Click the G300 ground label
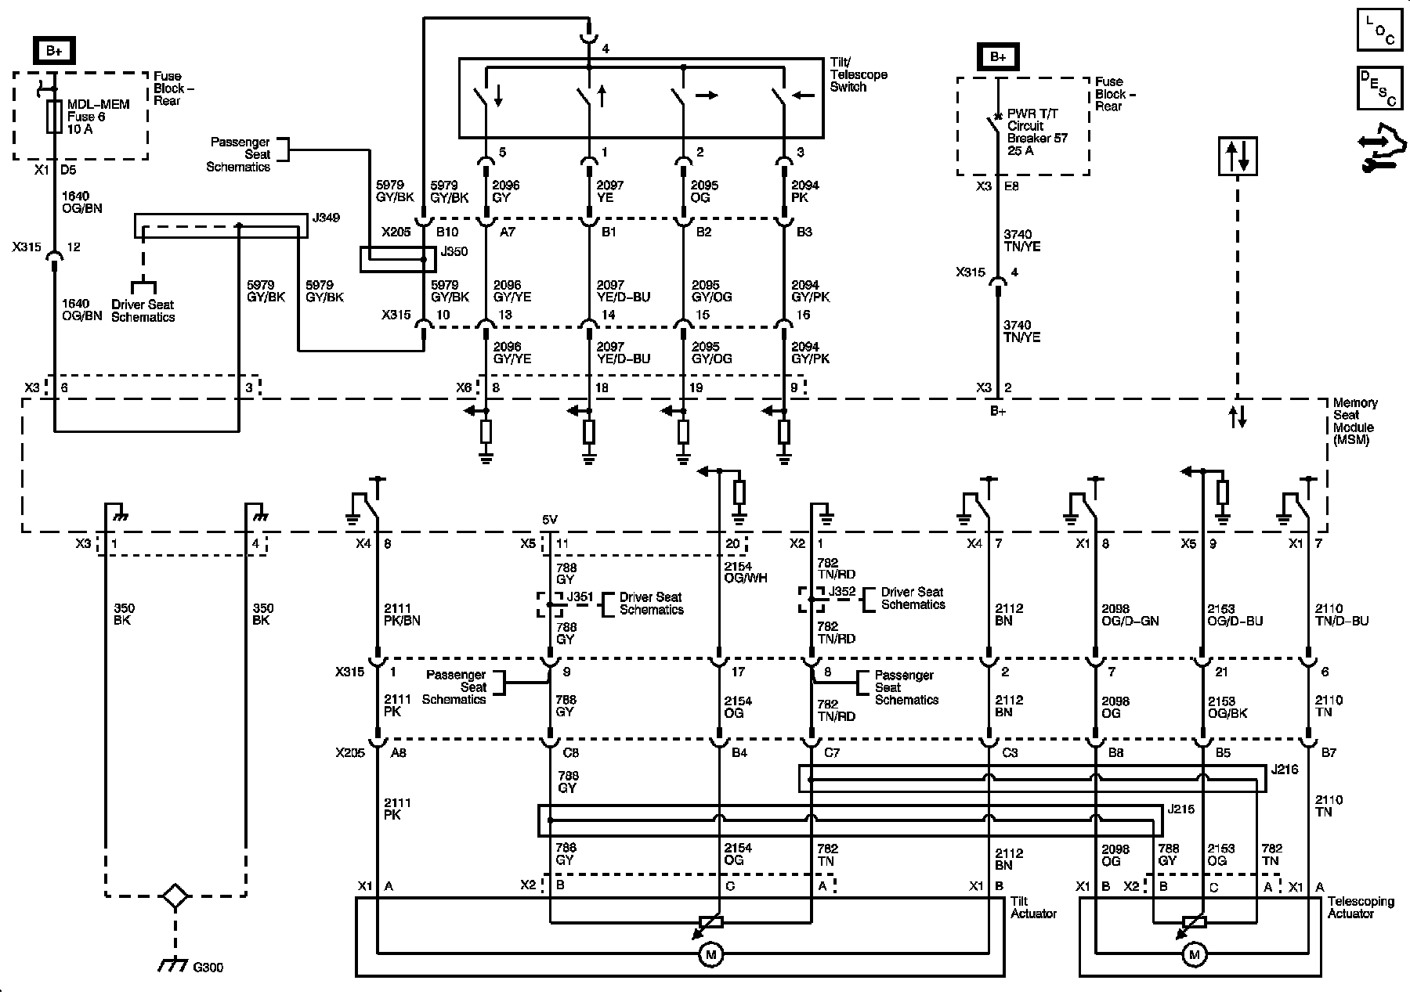(208, 968)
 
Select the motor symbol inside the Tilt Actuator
(711, 954)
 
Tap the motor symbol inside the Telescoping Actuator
(1195, 954)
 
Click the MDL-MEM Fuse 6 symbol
(55, 117)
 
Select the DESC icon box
(1381, 88)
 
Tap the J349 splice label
(326, 218)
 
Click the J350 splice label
(454, 252)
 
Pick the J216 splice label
(1285, 770)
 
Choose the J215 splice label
(1180, 809)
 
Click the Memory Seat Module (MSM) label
(1354, 421)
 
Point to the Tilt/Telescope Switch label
(859, 74)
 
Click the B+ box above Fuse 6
(54, 51)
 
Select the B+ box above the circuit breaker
(998, 57)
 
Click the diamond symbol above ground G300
(175, 896)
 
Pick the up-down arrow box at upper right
(1238, 156)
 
